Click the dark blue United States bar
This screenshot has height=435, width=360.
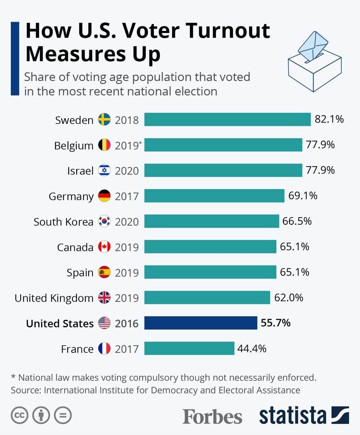(x=201, y=323)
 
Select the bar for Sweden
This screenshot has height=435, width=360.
(x=227, y=120)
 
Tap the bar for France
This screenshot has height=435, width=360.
(x=189, y=349)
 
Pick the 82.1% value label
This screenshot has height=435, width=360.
(x=329, y=119)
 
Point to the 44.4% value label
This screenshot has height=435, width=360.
(x=252, y=349)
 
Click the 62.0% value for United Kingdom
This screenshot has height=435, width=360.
(x=288, y=298)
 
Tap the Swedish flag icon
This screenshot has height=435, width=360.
(x=104, y=120)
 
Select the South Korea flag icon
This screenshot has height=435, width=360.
(x=104, y=222)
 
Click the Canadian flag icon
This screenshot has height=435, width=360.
(x=104, y=247)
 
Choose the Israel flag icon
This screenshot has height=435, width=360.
(x=104, y=171)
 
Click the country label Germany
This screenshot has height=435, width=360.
(x=71, y=196)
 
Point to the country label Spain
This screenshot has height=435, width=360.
(x=80, y=273)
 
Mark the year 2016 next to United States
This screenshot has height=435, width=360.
(x=127, y=323)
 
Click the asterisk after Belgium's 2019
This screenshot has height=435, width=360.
(x=141, y=142)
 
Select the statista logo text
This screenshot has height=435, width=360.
(x=292, y=416)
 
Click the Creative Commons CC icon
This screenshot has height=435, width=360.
(x=20, y=415)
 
